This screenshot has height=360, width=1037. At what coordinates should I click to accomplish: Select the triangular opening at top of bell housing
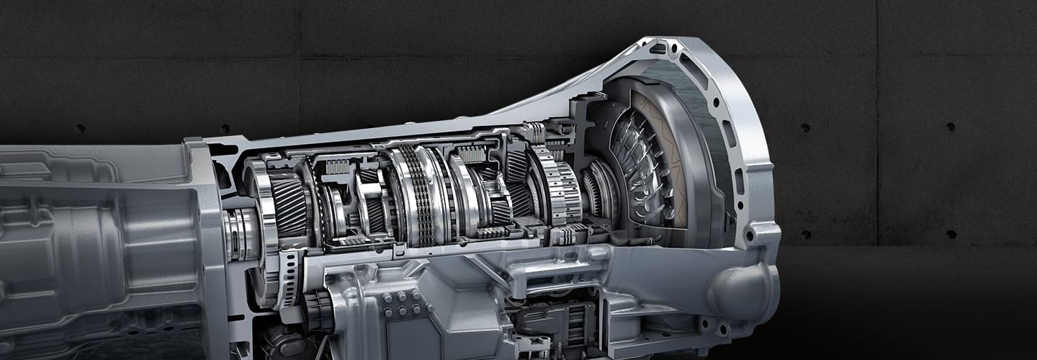[657, 49]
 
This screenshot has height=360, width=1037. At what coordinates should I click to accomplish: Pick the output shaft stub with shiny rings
[238, 234]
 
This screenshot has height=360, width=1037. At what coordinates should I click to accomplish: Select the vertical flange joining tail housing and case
[209, 238]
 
